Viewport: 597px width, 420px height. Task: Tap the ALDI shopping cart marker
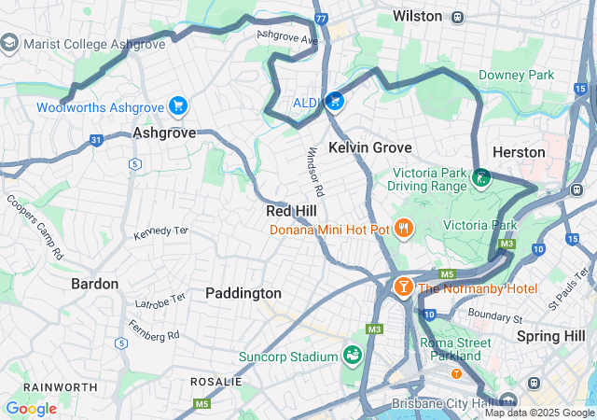(335, 101)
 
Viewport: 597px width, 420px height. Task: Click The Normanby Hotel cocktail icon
(403, 287)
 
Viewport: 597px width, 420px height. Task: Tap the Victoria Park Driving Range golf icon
(481, 177)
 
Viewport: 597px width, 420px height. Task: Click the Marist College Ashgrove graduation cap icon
(9, 42)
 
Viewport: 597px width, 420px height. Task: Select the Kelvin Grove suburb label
(370, 147)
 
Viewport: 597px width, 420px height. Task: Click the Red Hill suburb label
(292, 211)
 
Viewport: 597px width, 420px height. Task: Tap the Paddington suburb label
(243, 293)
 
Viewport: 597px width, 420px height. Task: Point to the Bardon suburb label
(95, 284)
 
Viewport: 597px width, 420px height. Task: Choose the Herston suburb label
(518, 152)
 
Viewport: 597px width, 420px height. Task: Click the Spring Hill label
(549, 335)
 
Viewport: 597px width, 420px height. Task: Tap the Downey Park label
(516, 75)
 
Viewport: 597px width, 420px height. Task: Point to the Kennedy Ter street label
(160, 231)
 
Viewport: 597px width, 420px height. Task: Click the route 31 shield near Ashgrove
(96, 140)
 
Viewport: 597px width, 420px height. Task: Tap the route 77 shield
(322, 18)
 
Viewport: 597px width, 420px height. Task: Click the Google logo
(31, 409)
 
